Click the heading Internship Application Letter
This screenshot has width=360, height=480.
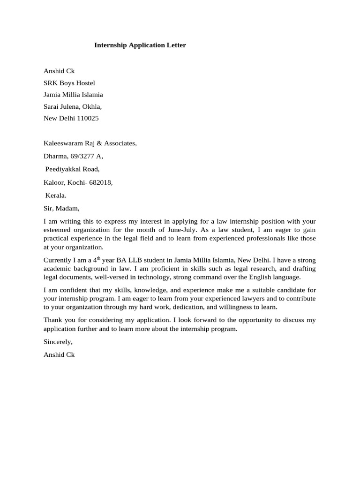point(140,45)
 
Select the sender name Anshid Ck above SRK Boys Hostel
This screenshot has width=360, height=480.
point(59,71)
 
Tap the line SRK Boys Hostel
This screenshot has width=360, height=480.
point(69,83)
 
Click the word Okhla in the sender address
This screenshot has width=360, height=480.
point(91,106)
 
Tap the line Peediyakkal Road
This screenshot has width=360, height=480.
point(72,169)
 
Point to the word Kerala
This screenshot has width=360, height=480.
point(56,195)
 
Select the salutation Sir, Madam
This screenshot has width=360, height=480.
point(61,208)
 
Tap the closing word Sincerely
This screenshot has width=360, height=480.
point(58,342)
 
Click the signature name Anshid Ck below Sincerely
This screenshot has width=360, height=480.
point(59,355)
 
